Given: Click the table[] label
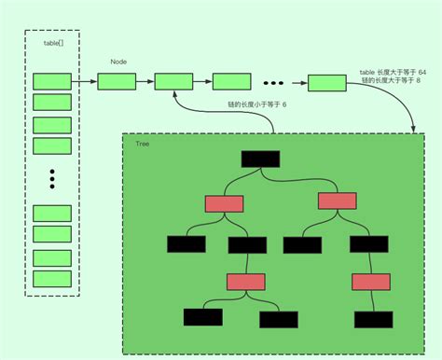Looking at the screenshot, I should (53, 44).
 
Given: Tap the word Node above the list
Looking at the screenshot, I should (118, 62).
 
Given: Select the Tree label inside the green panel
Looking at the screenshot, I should (143, 145).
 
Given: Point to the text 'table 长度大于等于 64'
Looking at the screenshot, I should (393, 71).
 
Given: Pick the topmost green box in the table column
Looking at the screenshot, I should (52, 81).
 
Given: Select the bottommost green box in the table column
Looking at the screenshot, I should (52, 278).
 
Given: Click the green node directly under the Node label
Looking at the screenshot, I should (117, 82).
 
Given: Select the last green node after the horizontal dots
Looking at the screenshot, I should (326, 83).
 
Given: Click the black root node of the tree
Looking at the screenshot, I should (260, 159).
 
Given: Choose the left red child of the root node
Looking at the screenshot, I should (224, 203).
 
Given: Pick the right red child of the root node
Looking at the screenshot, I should (337, 201).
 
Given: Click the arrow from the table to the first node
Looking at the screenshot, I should (84, 82).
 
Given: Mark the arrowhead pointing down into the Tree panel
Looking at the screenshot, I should (413, 130).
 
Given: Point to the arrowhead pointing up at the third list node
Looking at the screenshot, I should (174, 95).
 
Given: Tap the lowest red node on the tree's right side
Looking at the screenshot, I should (369, 282).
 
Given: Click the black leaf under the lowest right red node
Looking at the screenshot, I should (373, 319).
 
